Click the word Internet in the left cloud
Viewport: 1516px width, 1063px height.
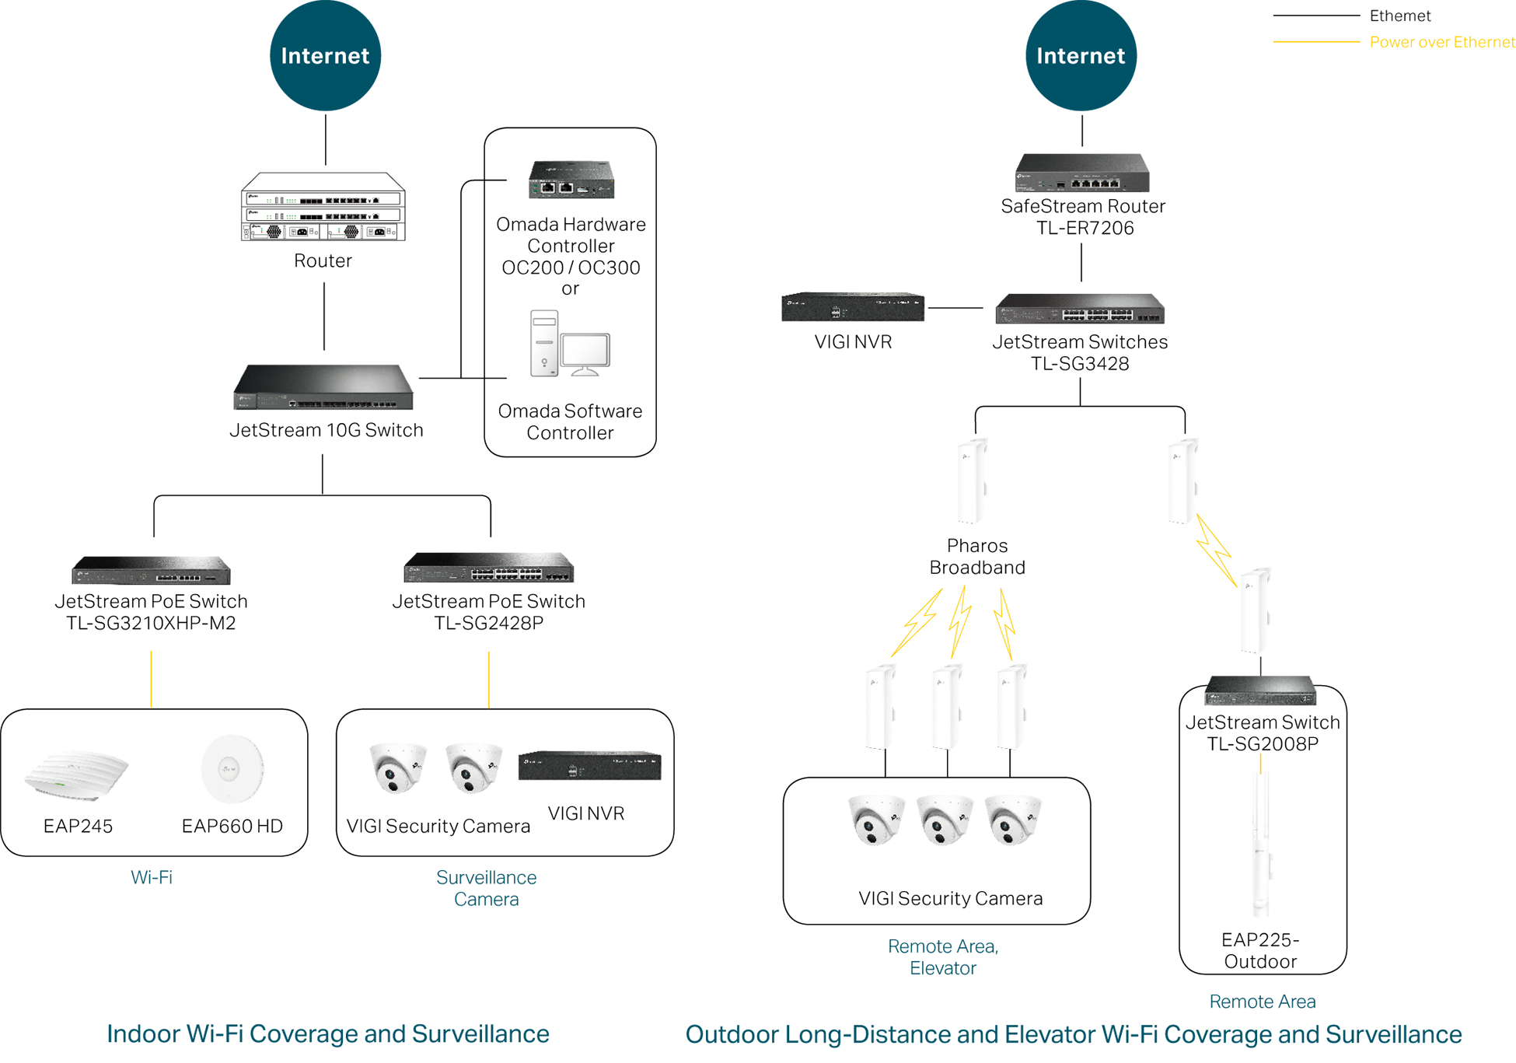tap(325, 56)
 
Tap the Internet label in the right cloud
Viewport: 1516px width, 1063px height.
tap(1081, 56)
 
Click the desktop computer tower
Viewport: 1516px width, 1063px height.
tap(544, 343)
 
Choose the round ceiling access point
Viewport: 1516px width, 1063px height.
tap(228, 768)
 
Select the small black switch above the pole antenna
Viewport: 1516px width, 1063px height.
tap(1259, 692)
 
